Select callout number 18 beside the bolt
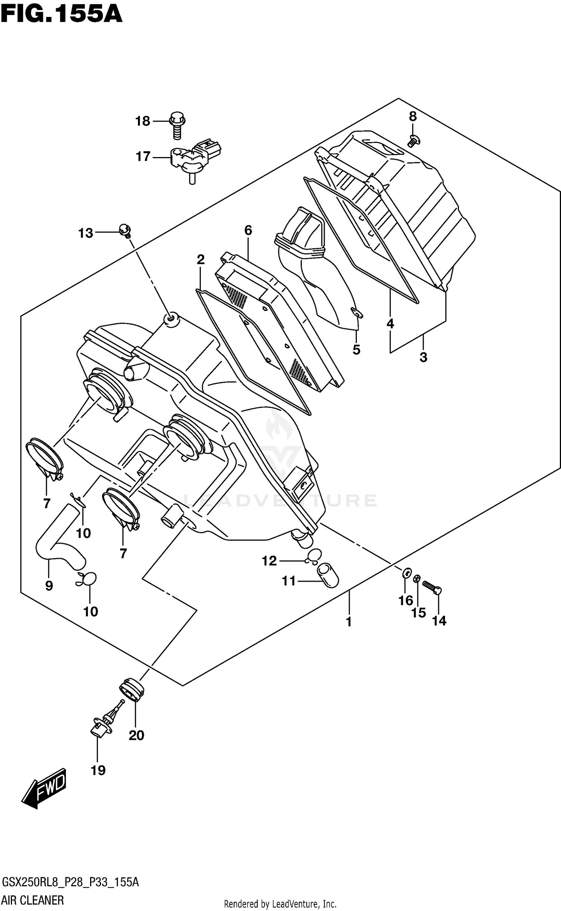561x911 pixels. click(142, 121)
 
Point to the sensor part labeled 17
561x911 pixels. click(194, 158)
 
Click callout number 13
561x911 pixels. click(86, 233)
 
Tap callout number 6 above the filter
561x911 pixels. click(248, 230)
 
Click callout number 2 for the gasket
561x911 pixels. click(200, 259)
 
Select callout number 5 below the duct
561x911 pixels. click(356, 350)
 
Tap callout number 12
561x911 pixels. click(269, 561)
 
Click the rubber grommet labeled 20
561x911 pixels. click(132, 689)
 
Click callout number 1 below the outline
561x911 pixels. click(349, 622)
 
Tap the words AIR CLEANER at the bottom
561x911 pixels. click(33, 900)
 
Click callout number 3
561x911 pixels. click(423, 357)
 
